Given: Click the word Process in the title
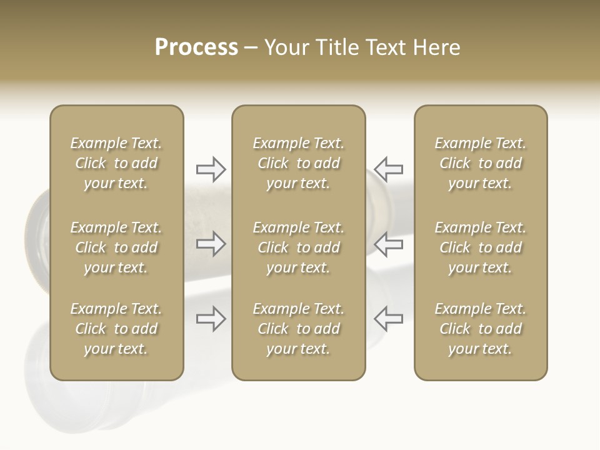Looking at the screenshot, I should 196,47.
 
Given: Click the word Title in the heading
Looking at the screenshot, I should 336,47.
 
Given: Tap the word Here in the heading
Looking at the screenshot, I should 436,47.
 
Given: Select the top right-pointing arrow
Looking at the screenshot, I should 211,169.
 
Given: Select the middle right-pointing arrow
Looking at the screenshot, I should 211,244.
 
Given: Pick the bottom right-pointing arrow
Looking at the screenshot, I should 211,319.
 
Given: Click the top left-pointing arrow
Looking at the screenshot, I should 388,169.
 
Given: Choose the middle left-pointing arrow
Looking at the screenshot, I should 388,244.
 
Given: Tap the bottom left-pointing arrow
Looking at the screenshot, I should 388,319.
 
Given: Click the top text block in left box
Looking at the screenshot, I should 116,163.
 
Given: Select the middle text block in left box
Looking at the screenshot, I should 116,247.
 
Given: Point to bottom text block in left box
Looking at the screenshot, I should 116,329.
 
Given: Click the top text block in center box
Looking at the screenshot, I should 298,163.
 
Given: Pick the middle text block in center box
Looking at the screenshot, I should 298,247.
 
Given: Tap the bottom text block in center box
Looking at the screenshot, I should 298,329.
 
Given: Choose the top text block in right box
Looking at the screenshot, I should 480,163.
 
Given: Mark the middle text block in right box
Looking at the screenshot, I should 480,247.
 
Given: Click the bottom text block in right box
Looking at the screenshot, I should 480,329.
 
